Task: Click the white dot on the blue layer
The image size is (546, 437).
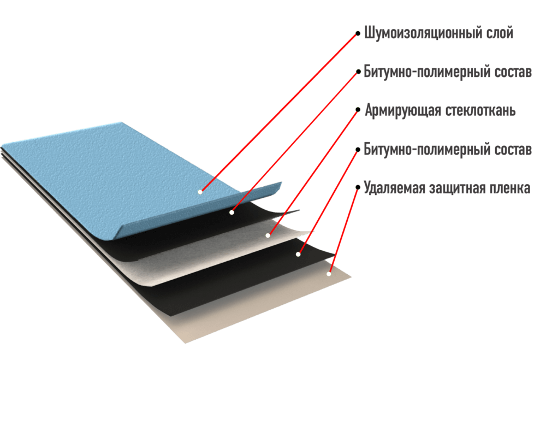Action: click(200, 192)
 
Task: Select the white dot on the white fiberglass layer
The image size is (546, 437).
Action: click(268, 235)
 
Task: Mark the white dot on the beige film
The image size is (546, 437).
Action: click(329, 274)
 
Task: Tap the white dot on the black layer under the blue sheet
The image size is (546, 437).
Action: click(232, 212)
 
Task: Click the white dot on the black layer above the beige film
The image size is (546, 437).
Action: click(298, 255)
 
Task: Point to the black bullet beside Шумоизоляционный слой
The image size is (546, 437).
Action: click(358, 34)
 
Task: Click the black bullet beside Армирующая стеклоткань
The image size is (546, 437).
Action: click(358, 110)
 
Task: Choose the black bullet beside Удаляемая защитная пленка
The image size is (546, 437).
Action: click(358, 187)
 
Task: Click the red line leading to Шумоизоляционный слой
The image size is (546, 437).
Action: click(279, 113)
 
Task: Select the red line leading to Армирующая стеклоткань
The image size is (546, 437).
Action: click(313, 173)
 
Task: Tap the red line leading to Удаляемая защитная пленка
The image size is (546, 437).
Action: click(343, 231)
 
